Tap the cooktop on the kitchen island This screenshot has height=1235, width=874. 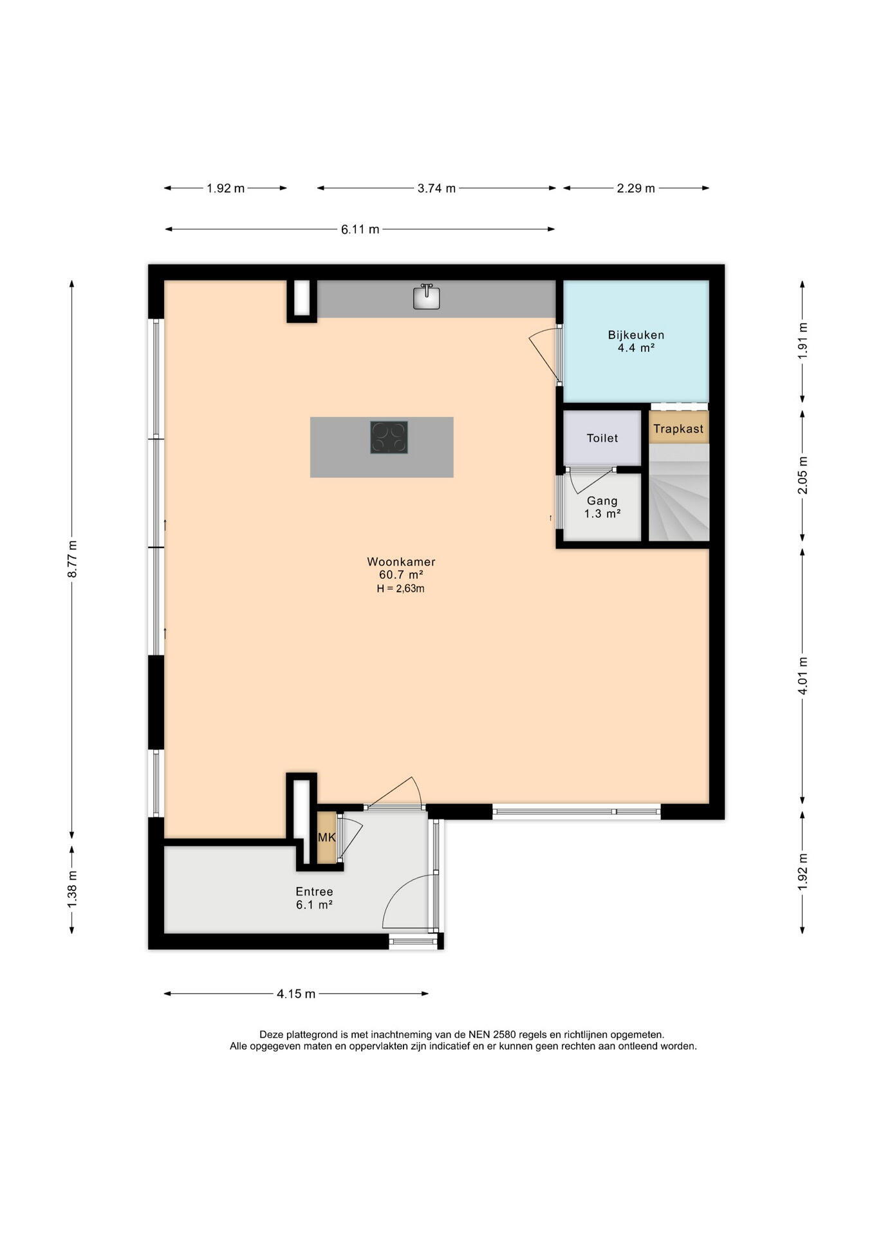click(x=389, y=437)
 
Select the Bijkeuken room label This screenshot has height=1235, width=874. click(x=636, y=334)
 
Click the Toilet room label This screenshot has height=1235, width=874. click(x=602, y=438)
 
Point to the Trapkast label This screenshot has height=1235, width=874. click(x=678, y=428)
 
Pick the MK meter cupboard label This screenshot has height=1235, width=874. click(x=327, y=837)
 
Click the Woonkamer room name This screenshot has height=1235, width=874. click(x=401, y=562)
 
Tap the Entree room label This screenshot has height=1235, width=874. click(x=314, y=892)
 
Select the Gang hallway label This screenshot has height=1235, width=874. click(x=602, y=500)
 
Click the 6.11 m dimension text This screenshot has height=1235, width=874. click(x=360, y=229)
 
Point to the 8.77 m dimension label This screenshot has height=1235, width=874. click(x=72, y=558)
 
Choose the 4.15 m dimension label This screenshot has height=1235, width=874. click(x=296, y=994)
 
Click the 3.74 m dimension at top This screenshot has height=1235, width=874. click(x=436, y=188)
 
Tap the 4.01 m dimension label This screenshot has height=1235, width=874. click(x=803, y=675)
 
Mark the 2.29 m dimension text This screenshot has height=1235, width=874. click(x=636, y=188)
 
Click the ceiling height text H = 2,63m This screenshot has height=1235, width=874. click(x=400, y=588)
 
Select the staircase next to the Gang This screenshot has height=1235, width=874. click(x=679, y=492)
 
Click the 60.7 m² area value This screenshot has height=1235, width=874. click(x=401, y=574)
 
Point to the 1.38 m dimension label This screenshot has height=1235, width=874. click(x=72, y=890)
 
